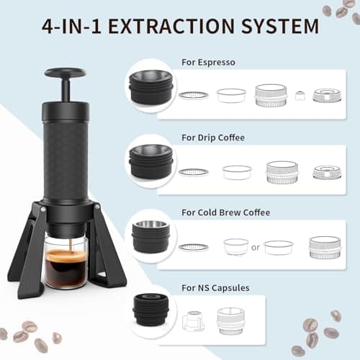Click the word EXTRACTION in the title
click(x=171, y=26)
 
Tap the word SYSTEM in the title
click(x=280, y=26)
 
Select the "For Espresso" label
click(x=208, y=63)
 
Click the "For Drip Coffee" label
click(x=213, y=138)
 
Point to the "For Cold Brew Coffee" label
click(x=226, y=212)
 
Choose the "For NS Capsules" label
click(x=215, y=288)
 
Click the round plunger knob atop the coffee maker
click(x=65, y=73)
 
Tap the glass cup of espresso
click(x=66, y=261)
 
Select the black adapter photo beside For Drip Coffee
click(x=151, y=161)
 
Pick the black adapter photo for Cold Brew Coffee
click(x=151, y=237)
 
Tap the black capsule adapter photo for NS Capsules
click(x=151, y=310)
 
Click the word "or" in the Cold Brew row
click(x=256, y=247)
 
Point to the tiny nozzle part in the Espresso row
click(x=300, y=96)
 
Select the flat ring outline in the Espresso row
click(x=194, y=95)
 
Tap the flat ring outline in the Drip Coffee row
click(x=194, y=172)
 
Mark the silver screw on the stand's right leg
click(x=97, y=206)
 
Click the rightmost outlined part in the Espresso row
click(x=327, y=95)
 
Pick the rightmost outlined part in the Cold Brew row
click(x=325, y=248)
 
